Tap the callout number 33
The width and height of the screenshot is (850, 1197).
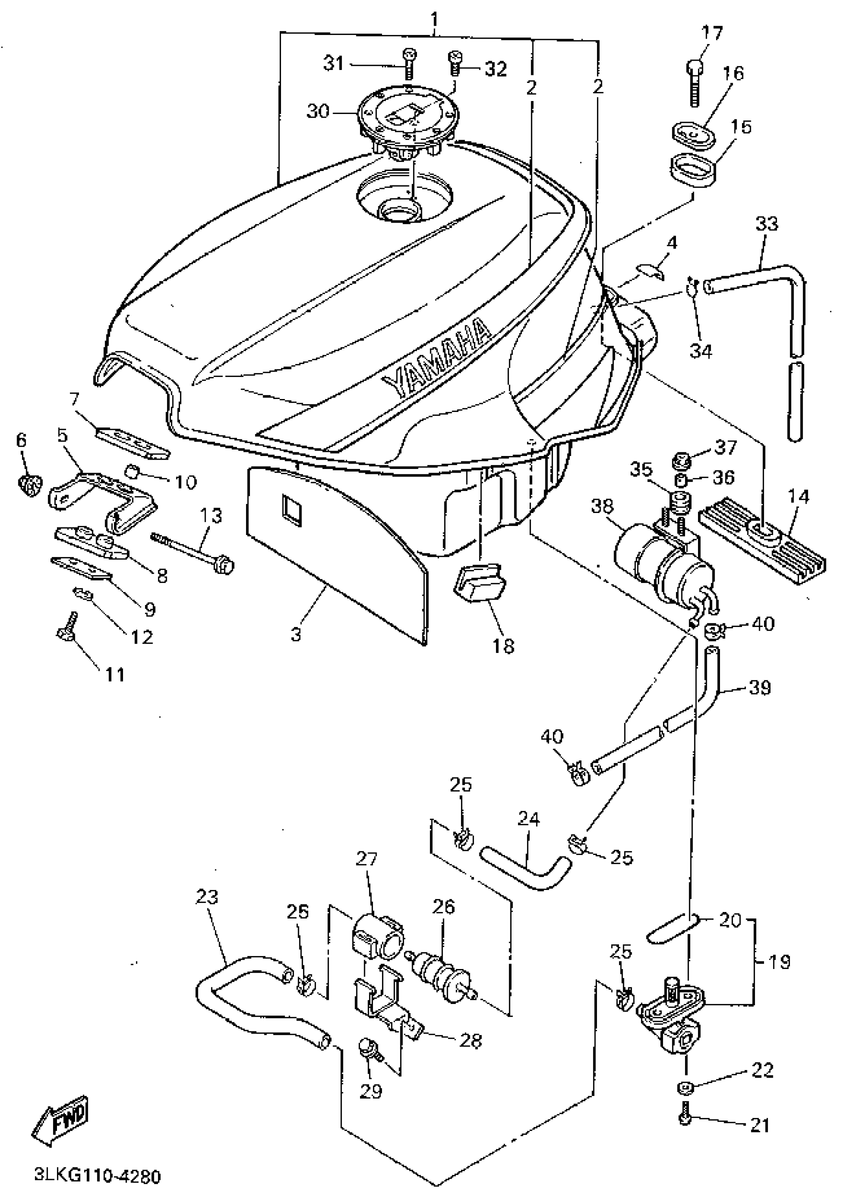click(x=766, y=224)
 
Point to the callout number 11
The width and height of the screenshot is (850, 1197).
click(x=115, y=675)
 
